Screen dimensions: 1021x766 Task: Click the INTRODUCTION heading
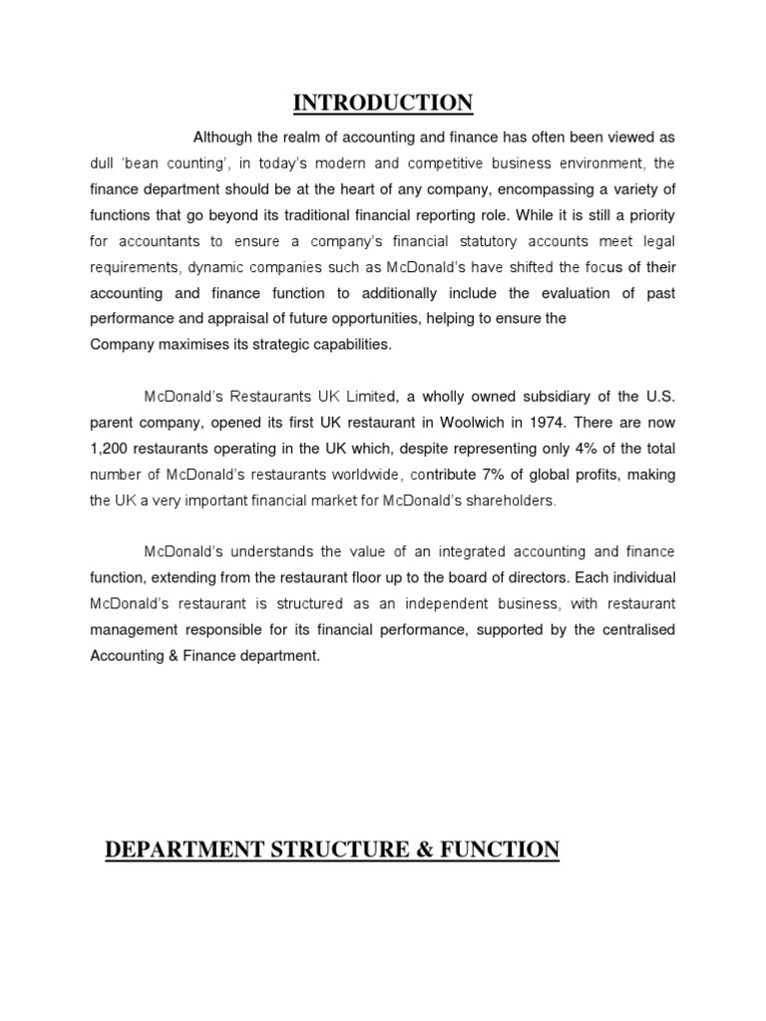coord(383,103)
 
